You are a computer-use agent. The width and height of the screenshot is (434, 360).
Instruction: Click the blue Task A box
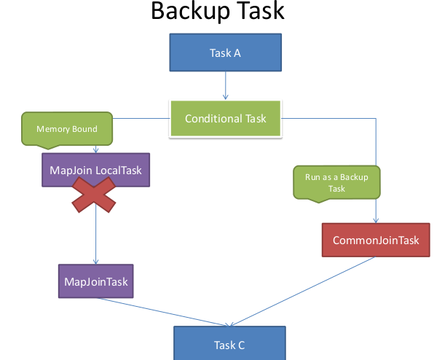click(226, 52)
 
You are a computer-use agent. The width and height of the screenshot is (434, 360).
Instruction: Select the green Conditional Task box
click(226, 119)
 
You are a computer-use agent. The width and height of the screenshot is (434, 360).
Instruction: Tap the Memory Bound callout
click(67, 129)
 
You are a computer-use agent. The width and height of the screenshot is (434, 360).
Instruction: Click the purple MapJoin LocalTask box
click(96, 170)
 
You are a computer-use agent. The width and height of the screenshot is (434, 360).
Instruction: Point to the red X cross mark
click(94, 195)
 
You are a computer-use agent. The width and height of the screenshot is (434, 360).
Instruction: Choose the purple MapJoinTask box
click(96, 281)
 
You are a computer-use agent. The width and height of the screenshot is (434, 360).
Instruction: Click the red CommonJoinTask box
click(376, 240)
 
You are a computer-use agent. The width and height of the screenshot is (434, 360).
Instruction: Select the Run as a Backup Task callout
click(336, 183)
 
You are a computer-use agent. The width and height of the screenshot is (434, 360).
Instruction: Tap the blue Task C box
click(229, 343)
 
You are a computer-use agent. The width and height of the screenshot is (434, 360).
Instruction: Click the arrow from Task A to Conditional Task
click(226, 85)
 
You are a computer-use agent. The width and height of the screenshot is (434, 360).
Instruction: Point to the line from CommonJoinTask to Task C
click(302, 291)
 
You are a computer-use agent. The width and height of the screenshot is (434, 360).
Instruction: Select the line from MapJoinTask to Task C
click(163, 312)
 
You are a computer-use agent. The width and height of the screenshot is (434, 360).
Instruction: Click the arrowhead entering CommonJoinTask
click(376, 221)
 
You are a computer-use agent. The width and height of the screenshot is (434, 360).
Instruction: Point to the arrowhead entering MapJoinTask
click(96, 262)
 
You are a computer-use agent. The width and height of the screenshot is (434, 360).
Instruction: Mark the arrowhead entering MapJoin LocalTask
click(96, 151)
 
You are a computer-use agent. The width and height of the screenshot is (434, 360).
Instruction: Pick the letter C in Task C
click(241, 345)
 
